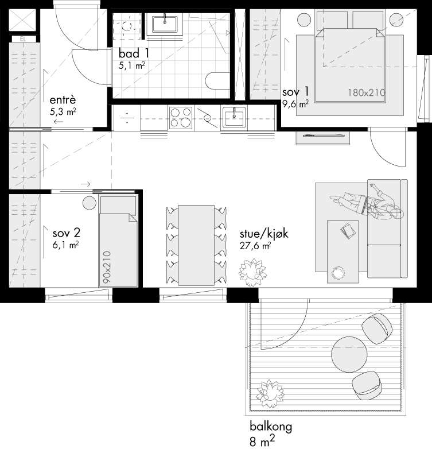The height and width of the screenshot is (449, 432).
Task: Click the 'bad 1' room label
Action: point(134,53)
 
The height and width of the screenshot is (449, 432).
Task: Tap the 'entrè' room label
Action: point(63,100)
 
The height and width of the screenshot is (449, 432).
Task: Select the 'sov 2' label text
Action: point(67,233)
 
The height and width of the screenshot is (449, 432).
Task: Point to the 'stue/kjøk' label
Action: point(264,234)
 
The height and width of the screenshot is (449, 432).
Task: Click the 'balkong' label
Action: point(271,427)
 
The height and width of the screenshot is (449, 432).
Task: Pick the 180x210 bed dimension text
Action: point(367,92)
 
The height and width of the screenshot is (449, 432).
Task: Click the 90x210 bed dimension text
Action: point(107,267)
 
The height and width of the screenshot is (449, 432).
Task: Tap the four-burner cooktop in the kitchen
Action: point(180,118)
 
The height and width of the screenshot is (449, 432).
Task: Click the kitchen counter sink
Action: point(234,117)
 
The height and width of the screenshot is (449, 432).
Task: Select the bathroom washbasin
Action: point(165,24)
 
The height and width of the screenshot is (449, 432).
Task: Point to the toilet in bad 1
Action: point(217,80)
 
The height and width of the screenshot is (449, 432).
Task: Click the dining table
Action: point(196,245)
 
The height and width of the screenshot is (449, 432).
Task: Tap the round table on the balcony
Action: point(349,354)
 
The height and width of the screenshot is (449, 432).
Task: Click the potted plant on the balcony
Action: point(270,393)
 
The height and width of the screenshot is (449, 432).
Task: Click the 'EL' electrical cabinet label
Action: point(23,39)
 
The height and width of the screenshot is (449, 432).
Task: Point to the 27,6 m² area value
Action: point(255,246)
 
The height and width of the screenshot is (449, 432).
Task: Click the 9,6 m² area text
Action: point(295,103)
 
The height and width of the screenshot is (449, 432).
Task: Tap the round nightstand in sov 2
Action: point(89,203)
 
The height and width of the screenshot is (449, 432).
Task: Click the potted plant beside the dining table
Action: point(252,272)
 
